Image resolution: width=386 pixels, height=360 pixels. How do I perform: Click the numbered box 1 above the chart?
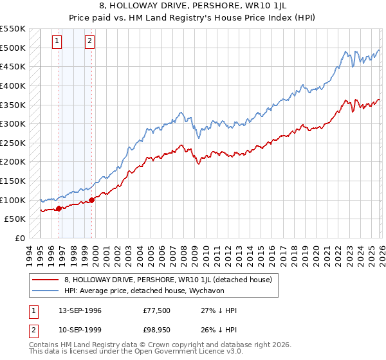57,42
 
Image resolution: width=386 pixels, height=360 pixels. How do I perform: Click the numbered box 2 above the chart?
89,42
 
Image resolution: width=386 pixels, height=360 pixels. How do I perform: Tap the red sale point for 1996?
59,208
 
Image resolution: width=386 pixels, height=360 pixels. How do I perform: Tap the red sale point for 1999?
91,200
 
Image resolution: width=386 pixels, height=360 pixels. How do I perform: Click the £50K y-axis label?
15,219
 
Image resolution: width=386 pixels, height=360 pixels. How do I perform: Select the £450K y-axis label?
13,66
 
